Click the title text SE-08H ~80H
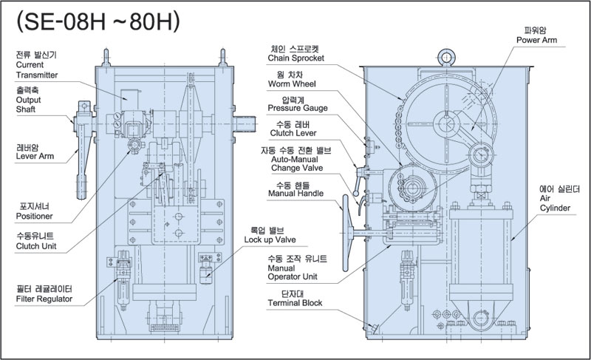(98, 23)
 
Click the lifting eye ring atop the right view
(446, 50)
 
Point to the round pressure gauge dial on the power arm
(482, 155)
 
